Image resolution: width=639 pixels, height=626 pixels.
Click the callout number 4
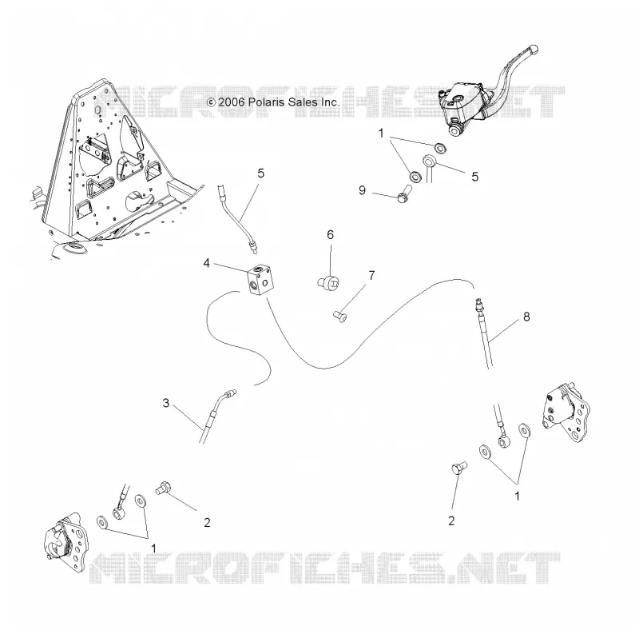(x=207, y=264)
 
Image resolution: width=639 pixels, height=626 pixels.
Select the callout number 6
(x=330, y=235)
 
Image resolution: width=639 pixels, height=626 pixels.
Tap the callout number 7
(x=371, y=276)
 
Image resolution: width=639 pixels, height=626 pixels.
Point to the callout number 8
(x=526, y=317)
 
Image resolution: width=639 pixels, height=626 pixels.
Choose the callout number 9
(x=363, y=190)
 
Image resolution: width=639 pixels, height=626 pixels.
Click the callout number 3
(x=166, y=403)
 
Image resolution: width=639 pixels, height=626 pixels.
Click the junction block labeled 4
(x=260, y=279)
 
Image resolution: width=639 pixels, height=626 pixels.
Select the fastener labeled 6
(x=328, y=282)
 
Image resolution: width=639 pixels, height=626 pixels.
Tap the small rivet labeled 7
(x=340, y=316)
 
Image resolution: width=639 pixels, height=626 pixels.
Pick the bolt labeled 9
(x=404, y=193)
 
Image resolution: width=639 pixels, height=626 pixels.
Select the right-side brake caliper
(x=566, y=413)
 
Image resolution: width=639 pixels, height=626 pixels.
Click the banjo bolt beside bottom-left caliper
(x=165, y=488)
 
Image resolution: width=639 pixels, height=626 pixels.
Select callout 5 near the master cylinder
(x=474, y=177)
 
